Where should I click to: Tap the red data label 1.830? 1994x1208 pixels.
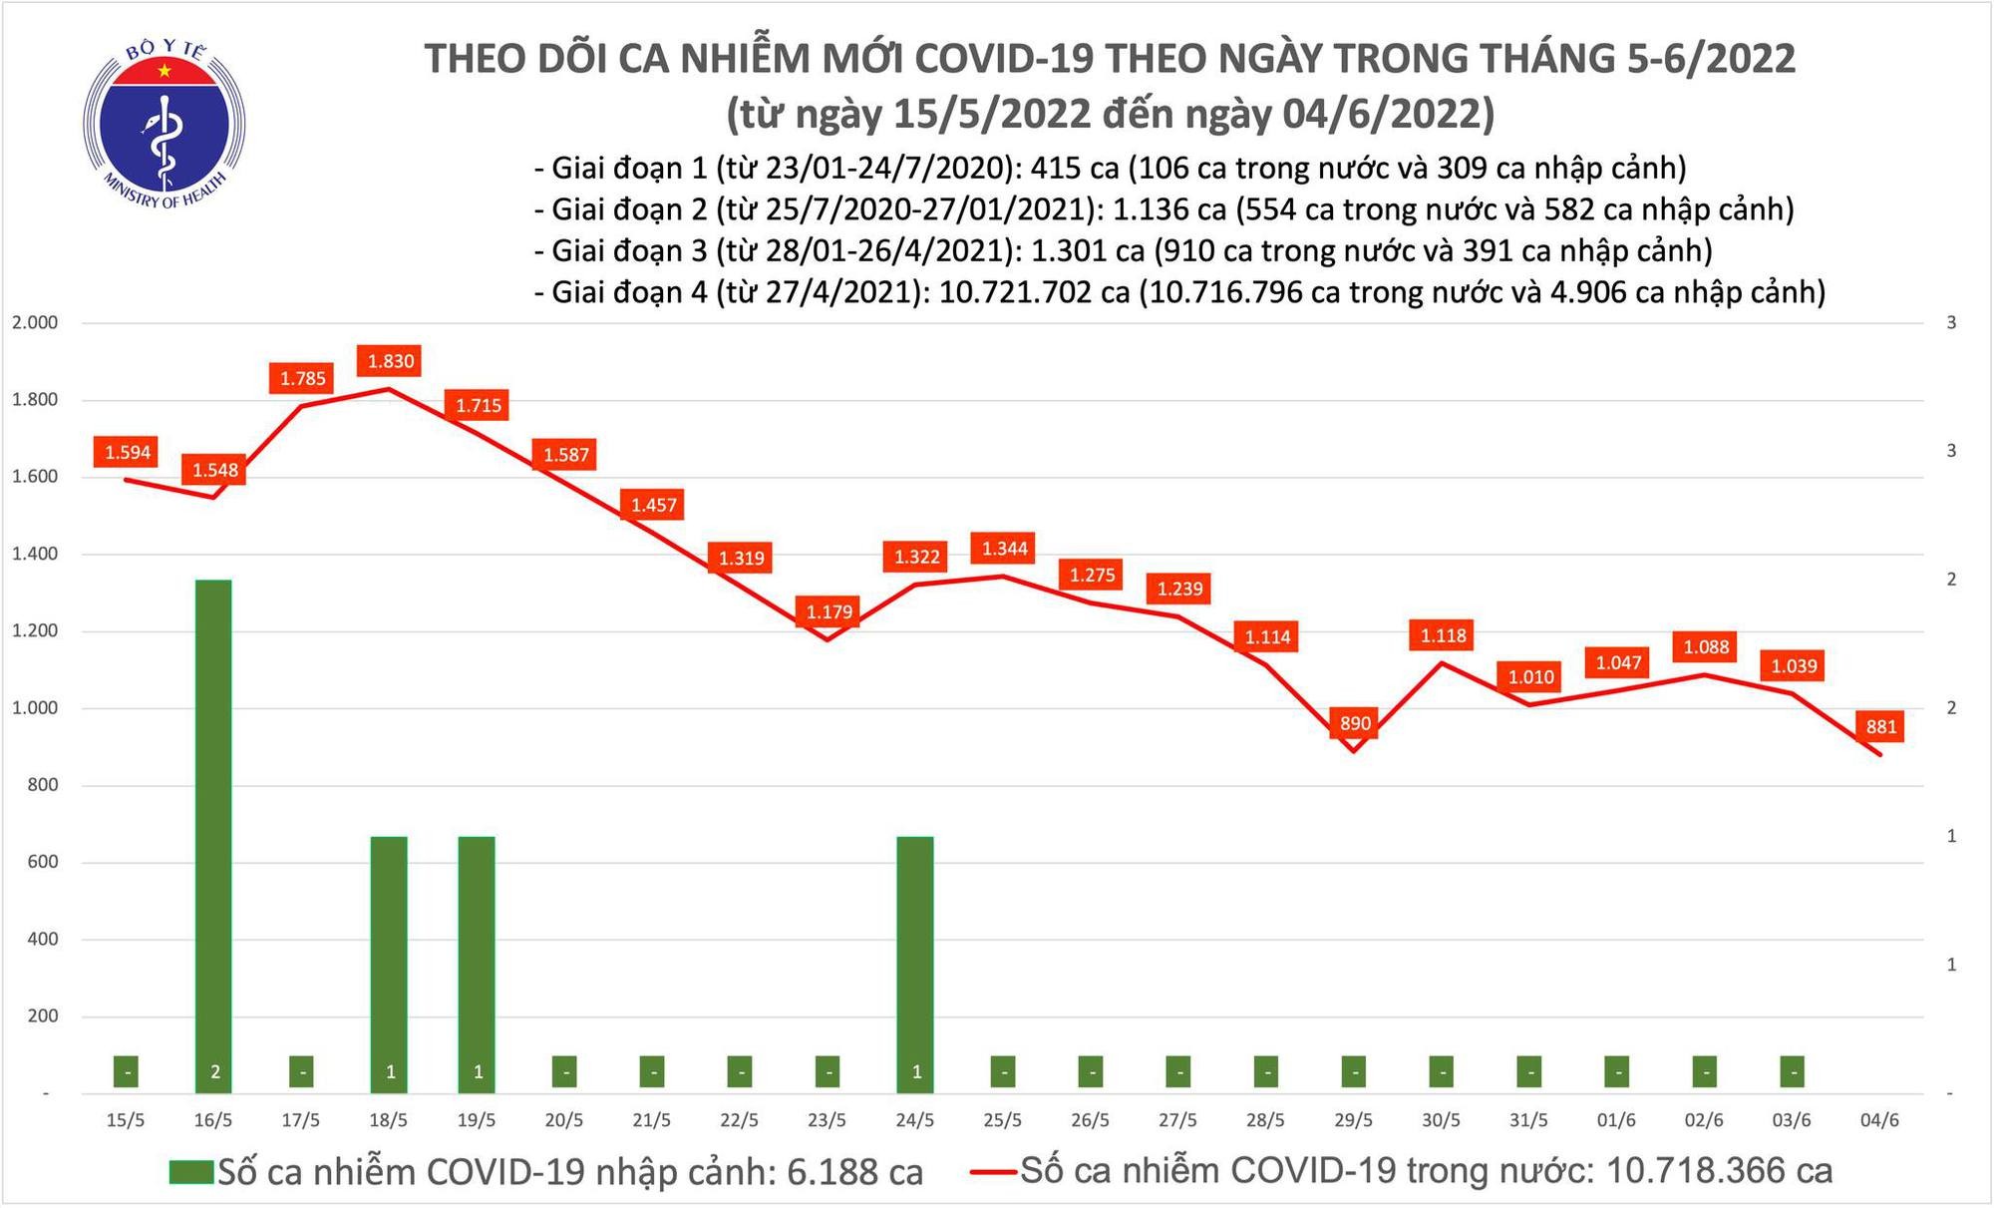pos(391,361)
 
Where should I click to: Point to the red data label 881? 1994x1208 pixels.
pos(1880,726)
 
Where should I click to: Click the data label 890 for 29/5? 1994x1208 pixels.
pos(1355,723)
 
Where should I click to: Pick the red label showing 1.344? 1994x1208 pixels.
pos(1004,549)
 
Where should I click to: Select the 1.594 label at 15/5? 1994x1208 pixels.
pos(128,453)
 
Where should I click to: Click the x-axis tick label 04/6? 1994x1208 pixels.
pos(1879,1120)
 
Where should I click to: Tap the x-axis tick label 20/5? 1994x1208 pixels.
pos(564,1120)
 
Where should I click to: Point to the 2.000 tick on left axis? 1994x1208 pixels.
pos(35,323)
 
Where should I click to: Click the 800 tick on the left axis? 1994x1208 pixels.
pos(44,785)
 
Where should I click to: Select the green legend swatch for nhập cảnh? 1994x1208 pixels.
pos(191,1172)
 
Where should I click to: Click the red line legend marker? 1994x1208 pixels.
pos(994,1172)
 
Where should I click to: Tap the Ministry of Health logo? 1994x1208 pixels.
pos(165,125)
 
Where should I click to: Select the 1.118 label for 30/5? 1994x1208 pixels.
pos(1443,635)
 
